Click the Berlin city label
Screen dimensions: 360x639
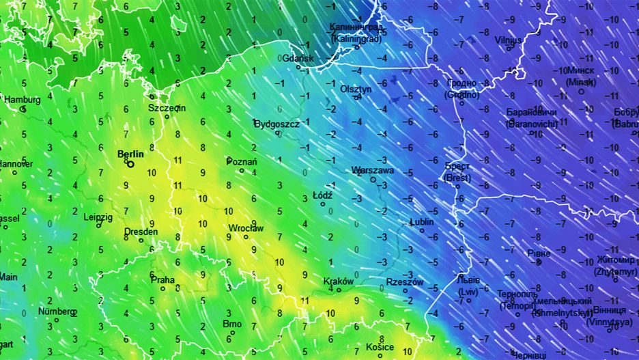tap(130, 154)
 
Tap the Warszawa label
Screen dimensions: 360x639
tap(373, 170)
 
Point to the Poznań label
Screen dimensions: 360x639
tap(242, 162)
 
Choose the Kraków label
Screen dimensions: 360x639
tap(338, 281)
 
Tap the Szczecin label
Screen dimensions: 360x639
tap(167, 108)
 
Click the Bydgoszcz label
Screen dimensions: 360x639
tap(276, 124)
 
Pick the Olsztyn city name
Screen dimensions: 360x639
tap(356, 89)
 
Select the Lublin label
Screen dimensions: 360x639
tap(422, 222)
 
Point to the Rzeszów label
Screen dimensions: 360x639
tap(405, 282)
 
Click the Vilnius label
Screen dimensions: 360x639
tap(508, 40)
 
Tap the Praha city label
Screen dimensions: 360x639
tap(162, 279)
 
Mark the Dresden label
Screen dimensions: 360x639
tap(141, 232)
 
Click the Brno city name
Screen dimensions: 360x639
tap(232, 324)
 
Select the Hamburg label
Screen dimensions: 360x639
tap(23, 100)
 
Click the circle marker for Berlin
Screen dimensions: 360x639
tap(130, 163)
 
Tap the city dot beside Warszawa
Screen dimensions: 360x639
tap(373, 180)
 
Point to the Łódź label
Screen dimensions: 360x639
tap(322, 195)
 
